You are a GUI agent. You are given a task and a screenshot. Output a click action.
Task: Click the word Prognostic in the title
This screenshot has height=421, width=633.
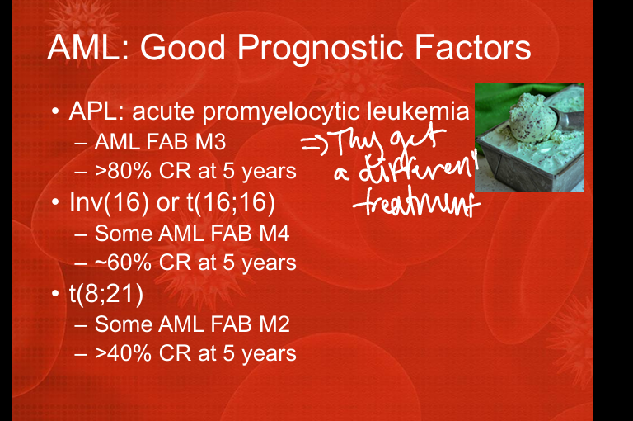point(320,48)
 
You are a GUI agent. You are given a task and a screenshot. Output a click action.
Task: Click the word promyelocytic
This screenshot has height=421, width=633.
point(280,112)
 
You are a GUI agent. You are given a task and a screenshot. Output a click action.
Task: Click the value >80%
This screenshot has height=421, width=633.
point(123,171)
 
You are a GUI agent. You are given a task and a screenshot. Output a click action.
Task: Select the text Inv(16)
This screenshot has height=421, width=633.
point(109,201)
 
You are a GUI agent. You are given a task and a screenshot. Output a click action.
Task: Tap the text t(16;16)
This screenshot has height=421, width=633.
point(231,201)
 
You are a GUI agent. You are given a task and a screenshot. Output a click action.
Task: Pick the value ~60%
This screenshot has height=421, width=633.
point(123,263)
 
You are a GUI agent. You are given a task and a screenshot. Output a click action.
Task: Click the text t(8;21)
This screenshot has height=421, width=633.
point(106,294)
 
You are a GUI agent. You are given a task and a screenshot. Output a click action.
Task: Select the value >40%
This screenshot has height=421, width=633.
point(123,353)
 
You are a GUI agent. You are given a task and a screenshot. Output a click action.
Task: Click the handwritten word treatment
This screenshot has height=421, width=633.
point(416,201)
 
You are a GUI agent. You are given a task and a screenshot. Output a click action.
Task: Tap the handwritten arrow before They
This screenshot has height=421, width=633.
point(315,145)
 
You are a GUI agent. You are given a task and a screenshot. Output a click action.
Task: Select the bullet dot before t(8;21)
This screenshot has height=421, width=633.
point(56,294)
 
